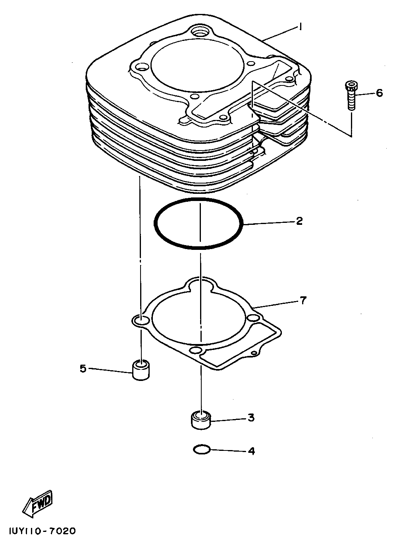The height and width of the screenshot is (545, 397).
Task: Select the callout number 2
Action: coord(299,221)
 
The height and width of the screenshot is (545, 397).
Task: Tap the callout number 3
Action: coord(251,417)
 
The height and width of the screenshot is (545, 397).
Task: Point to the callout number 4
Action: coord(251,451)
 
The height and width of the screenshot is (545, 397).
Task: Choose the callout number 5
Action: coord(83,369)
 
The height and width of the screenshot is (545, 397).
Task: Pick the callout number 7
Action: coord(303,301)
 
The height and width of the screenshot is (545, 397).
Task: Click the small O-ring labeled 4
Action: coord(201,450)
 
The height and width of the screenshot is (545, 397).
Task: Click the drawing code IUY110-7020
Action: coord(39,531)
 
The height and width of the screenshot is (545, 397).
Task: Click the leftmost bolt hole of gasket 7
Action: coord(140,320)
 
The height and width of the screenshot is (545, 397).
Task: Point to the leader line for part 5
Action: coord(110,370)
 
